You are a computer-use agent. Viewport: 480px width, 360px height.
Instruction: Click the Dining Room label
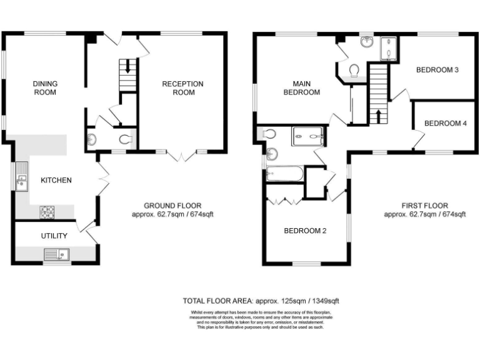click(44, 88)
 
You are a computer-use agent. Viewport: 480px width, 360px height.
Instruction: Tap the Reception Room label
click(182, 88)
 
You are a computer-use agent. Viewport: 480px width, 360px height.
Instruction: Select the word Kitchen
click(56, 181)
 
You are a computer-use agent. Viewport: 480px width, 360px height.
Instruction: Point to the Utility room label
click(54, 236)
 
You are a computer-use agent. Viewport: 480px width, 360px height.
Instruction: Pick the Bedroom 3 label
click(437, 70)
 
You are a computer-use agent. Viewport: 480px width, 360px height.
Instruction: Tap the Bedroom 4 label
click(445, 123)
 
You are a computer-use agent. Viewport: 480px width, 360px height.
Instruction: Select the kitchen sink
click(21, 178)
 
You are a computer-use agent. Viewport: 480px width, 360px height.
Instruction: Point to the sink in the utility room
click(56, 254)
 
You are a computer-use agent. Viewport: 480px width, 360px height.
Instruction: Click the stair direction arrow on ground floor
click(127, 66)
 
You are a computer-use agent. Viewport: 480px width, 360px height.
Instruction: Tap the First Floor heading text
click(424, 206)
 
